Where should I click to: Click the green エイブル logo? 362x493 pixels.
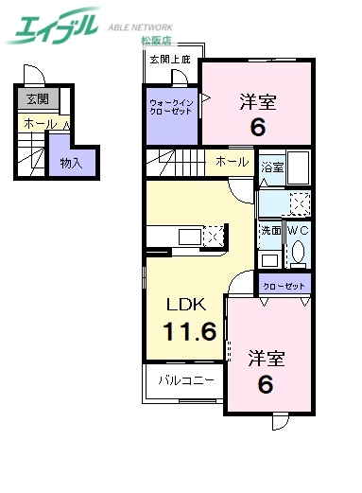(x=52, y=26)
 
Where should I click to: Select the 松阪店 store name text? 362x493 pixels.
(x=157, y=42)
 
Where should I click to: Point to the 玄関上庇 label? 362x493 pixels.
(x=170, y=60)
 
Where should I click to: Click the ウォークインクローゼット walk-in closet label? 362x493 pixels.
(x=171, y=106)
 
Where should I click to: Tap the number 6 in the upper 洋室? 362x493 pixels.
(x=257, y=127)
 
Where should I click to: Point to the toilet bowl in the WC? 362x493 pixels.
(x=298, y=252)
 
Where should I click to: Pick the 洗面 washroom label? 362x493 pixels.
(x=270, y=230)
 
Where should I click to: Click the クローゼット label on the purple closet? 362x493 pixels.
(x=284, y=283)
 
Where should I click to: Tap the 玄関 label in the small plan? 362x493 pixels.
(x=37, y=98)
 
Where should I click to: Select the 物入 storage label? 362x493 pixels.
(x=70, y=163)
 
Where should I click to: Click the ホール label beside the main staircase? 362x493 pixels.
(x=232, y=162)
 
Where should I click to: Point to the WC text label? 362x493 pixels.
(x=298, y=230)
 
